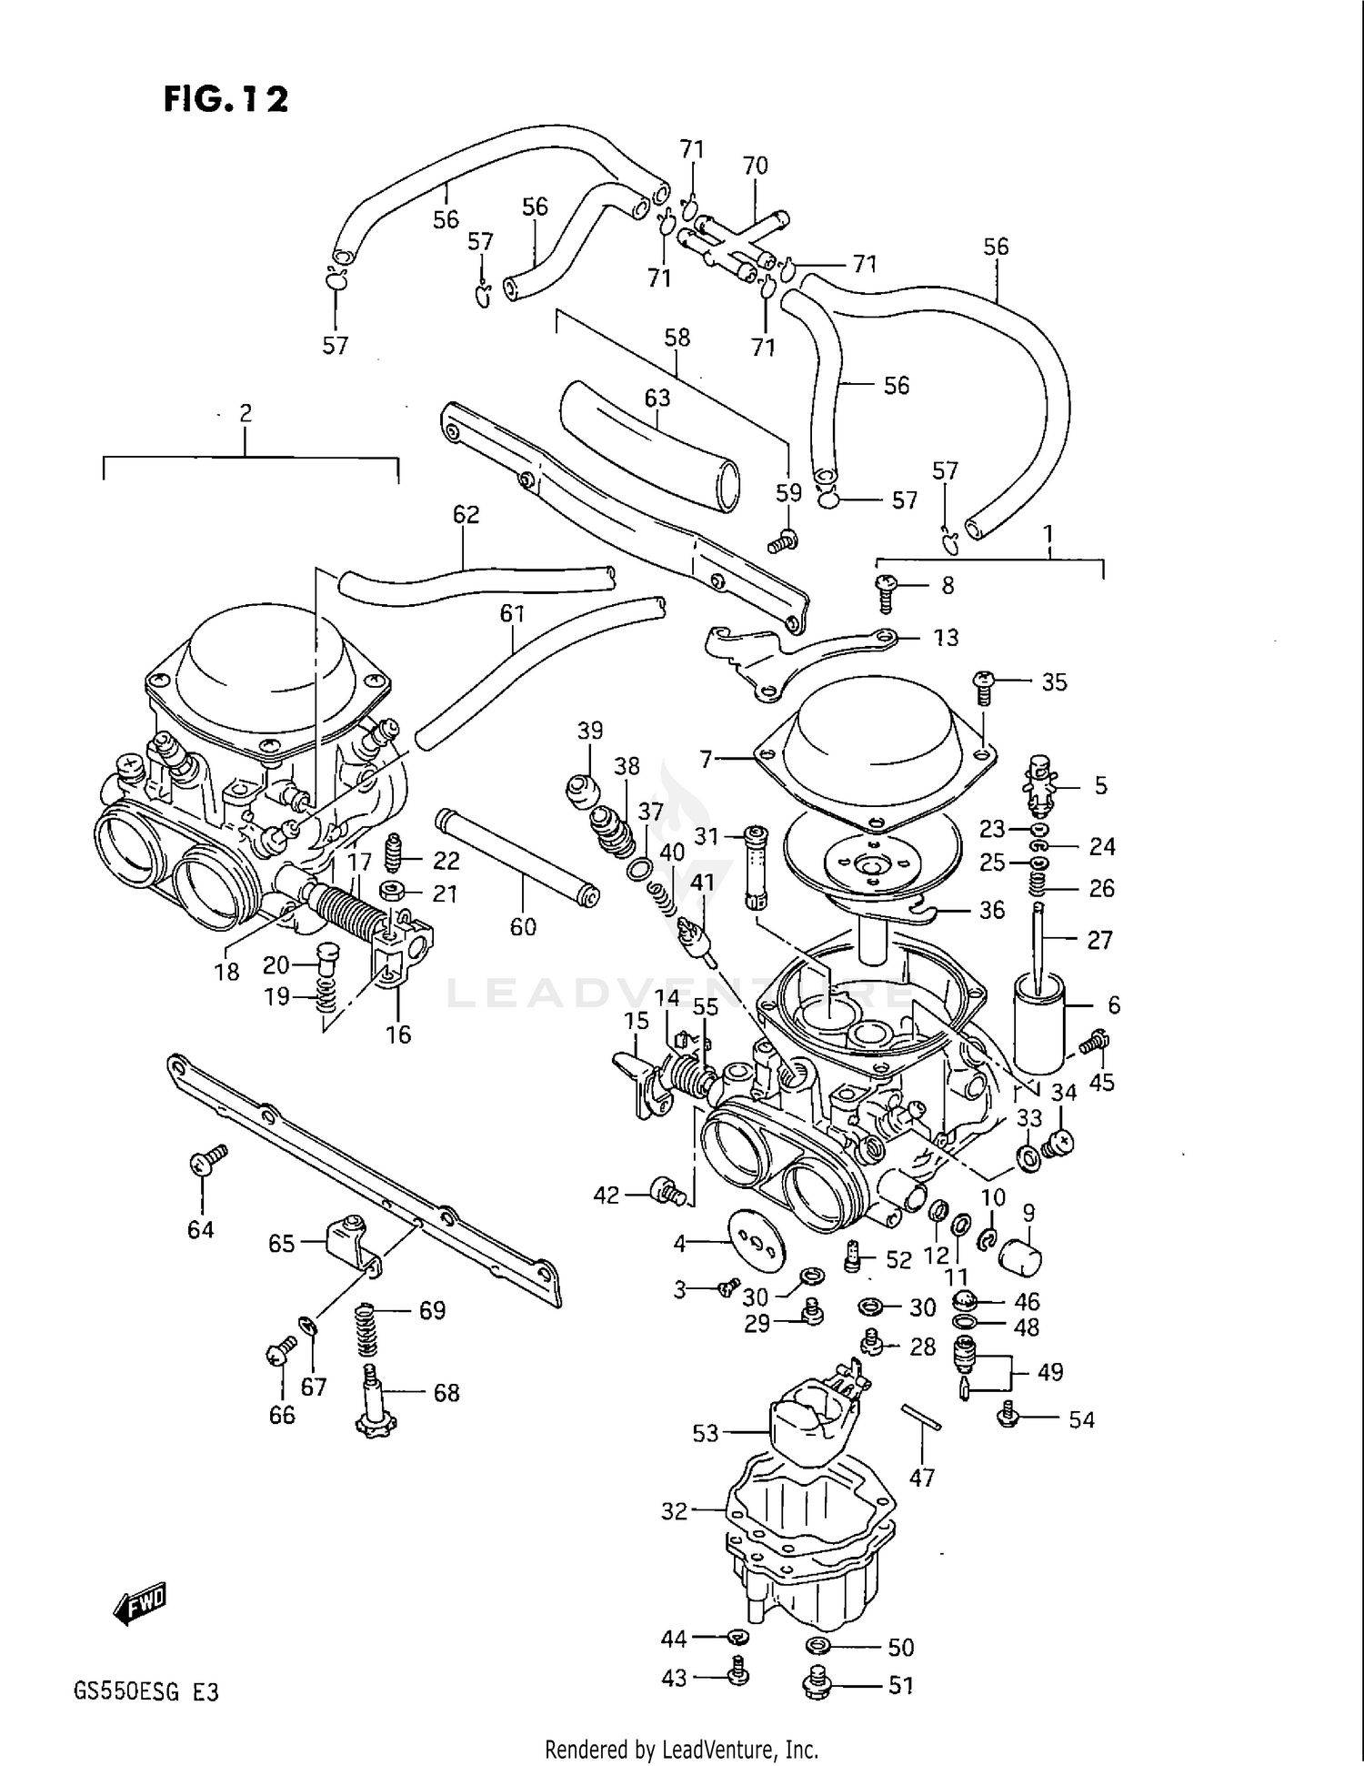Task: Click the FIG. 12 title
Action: click(x=226, y=98)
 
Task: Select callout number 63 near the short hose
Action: click(x=657, y=399)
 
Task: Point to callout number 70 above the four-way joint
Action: click(x=755, y=167)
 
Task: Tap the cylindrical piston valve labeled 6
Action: click(x=1038, y=1024)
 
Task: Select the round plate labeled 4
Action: click(x=754, y=1239)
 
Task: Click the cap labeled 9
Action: click(x=1019, y=1259)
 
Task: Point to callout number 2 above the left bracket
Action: click(x=246, y=414)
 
